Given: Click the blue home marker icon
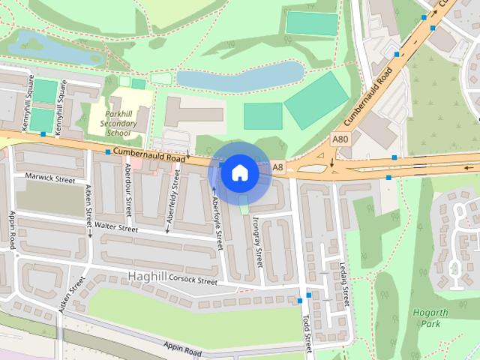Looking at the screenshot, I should (x=238, y=172).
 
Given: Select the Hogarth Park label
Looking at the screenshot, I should (x=426, y=317).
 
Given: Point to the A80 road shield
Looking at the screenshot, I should (x=340, y=139).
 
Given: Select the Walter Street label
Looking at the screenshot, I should (x=111, y=226).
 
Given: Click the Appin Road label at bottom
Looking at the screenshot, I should (x=183, y=349).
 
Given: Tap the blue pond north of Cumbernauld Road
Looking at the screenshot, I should (x=238, y=77).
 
